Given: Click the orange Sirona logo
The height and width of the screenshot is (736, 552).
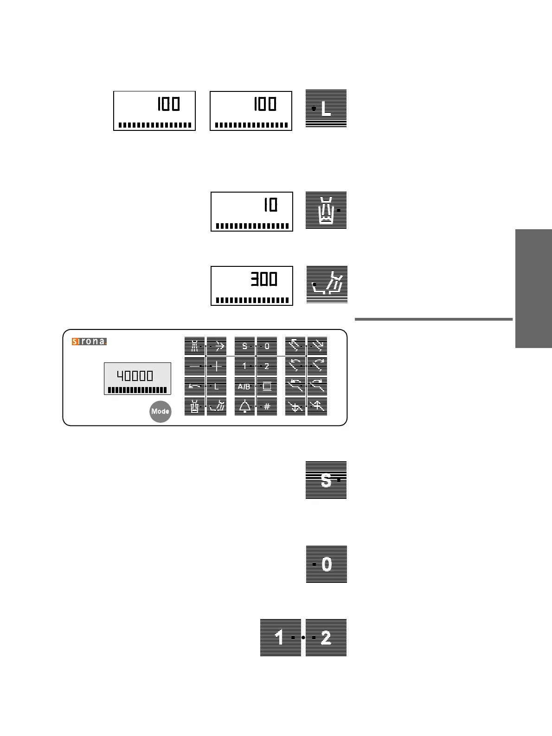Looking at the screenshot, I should click(89, 342).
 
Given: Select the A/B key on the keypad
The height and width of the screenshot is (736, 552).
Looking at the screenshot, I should click(244, 386).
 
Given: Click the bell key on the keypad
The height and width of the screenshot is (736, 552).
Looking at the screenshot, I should click(244, 407).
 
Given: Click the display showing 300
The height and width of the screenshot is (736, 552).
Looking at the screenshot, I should click(252, 285).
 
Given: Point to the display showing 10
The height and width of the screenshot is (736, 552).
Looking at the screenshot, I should click(252, 211).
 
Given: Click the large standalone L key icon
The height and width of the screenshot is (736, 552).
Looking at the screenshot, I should click(326, 109).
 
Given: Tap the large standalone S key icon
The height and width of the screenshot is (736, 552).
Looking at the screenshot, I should click(326, 480).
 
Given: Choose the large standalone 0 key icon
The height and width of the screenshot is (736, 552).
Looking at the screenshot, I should click(327, 564).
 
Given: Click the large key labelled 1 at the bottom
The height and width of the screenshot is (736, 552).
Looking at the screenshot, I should click(280, 638).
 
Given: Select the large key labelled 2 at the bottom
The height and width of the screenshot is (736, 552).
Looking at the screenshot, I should click(326, 638).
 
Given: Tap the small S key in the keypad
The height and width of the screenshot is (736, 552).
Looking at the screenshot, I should click(244, 346).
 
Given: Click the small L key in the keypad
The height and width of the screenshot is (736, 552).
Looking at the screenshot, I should click(217, 386).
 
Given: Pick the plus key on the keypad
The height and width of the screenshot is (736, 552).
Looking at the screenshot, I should click(217, 366).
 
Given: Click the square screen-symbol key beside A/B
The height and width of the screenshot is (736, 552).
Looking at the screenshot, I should click(267, 386).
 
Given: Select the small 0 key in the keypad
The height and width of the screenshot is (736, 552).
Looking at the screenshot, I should click(267, 346).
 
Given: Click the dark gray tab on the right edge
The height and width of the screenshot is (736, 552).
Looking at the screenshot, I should click(533, 288).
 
